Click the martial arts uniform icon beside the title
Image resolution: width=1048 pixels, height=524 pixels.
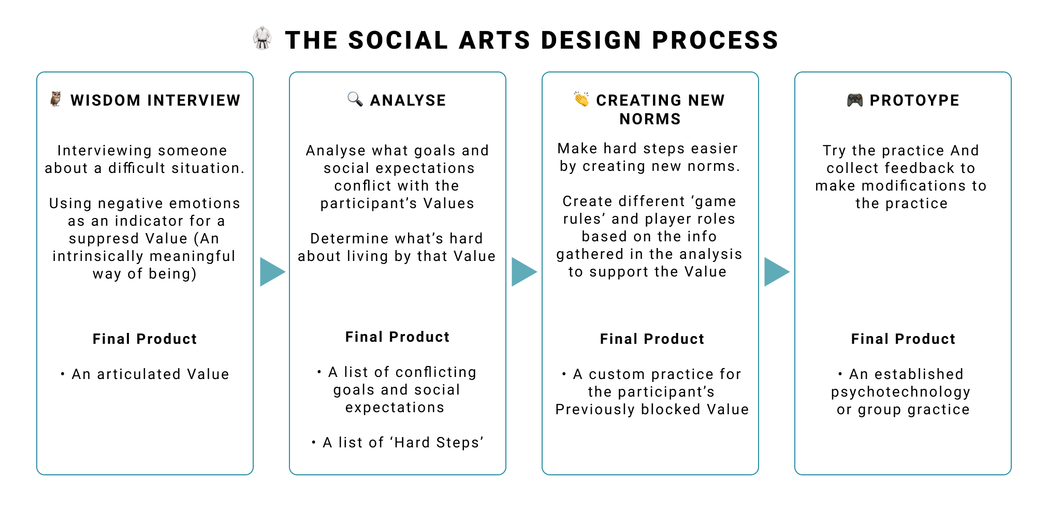(263, 38)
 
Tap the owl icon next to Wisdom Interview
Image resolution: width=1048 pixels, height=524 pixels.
(56, 98)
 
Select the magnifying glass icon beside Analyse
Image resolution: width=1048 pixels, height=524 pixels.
(355, 98)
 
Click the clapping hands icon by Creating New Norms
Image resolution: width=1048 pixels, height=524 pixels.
(581, 98)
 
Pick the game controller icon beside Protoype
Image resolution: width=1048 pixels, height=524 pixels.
(855, 99)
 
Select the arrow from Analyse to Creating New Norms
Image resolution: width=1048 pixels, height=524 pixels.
(524, 272)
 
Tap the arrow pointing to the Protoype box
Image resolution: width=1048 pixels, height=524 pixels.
(777, 272)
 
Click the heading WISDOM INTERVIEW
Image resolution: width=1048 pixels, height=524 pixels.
(155, 100)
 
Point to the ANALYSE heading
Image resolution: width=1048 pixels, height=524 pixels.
(408, 100)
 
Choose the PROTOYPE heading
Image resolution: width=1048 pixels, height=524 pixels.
(914, 100)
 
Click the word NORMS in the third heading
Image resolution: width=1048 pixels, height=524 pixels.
(650, 119)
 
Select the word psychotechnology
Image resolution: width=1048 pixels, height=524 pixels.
(901, 392)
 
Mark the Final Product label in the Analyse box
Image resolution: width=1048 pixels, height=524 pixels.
(397, 337)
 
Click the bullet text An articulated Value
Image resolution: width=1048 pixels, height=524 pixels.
(150, 374)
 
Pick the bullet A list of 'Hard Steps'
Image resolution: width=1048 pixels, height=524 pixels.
(403, 442)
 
